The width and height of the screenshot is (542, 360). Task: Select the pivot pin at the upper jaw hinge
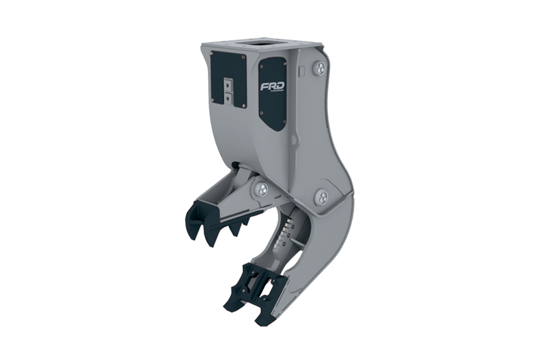261,188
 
